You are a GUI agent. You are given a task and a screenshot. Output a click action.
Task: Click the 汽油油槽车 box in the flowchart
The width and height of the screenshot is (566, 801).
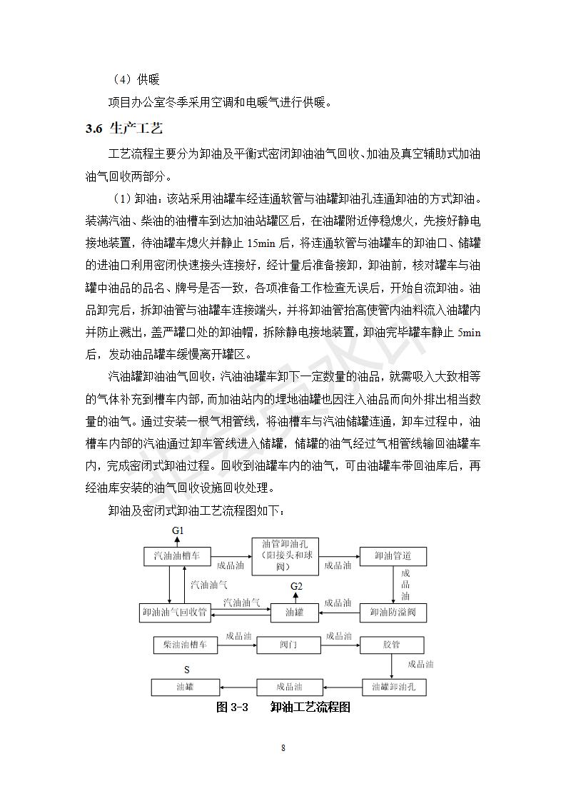[177, 555]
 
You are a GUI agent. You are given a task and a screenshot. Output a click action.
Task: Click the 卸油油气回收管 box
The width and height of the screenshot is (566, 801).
[174, 612]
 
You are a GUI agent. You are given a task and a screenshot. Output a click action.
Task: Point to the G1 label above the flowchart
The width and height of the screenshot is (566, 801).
[178, 531]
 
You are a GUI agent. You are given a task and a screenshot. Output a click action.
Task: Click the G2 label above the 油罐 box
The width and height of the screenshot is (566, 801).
[296, 587]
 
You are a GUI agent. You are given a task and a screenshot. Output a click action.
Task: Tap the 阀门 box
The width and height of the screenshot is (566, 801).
[288, 645]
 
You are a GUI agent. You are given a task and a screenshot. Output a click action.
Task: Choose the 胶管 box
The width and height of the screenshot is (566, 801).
[391, 645]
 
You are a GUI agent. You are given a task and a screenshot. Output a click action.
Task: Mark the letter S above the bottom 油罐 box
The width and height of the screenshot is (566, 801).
[187, 670]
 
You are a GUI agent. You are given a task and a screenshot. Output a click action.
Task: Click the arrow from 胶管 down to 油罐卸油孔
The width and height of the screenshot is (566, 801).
[392, 665]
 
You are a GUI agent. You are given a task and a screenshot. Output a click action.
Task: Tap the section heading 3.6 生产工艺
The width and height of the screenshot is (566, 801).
[124, 129]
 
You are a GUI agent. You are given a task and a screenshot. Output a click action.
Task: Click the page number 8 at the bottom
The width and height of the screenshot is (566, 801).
[283, 747]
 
